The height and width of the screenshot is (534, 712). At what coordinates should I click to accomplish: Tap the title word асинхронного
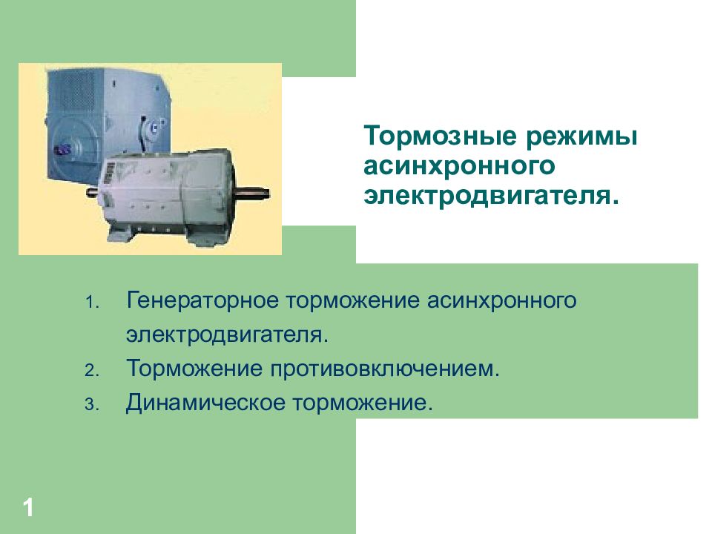coord(459,167)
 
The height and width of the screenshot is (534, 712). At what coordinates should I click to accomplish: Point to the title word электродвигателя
coord(490,197)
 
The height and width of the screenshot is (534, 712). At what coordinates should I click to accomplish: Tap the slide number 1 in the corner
coord(28,509)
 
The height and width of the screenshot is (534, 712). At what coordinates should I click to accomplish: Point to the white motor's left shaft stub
coord(91,194)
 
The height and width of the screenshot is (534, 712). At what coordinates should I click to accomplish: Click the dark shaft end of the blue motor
coord(62,148)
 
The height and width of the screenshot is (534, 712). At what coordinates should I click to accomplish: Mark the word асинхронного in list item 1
coord(501,302)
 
